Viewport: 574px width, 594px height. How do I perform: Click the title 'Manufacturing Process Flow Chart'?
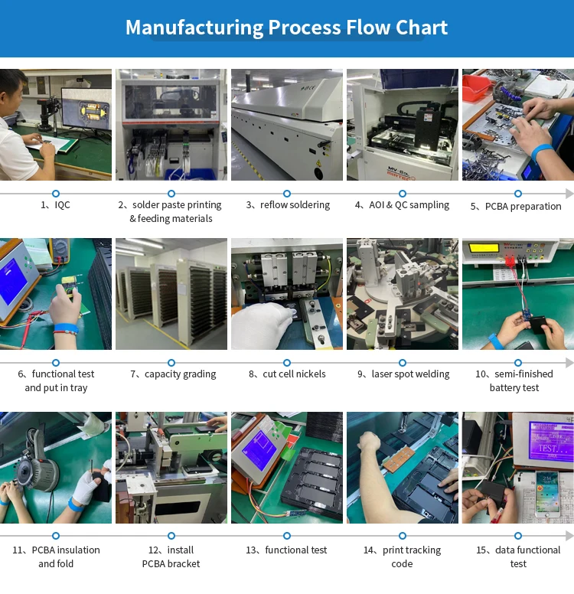point(286,28)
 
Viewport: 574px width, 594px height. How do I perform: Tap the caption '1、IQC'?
point(55,205)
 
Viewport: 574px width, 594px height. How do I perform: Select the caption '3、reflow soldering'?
point(288,205)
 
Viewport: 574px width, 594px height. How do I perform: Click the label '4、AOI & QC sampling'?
point(403,205)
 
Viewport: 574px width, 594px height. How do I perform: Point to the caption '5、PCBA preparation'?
point(516,206)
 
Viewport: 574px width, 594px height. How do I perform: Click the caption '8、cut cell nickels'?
point(287,374)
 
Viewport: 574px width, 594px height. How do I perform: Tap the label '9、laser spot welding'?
point(403,374)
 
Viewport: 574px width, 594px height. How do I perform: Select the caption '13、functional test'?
point(286,550)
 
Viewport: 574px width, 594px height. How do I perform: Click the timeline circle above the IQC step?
point(55,194)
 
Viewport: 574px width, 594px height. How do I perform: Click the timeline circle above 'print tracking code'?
point(403,536)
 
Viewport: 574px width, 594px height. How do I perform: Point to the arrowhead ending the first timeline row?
point(569,194)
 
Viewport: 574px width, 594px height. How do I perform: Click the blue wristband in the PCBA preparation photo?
point(543,152)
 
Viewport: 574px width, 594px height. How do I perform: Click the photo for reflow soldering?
point(287,125)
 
